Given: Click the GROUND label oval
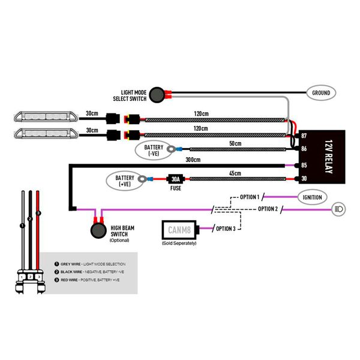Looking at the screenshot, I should [x=321, y=93].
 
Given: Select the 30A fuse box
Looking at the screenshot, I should [x=175, y=178].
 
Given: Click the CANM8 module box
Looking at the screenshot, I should [x=182, y=229].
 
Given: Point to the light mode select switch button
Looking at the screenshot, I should [x=157, y=94].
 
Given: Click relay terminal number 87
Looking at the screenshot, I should [x=304, y=137].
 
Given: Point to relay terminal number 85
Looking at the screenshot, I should [x=304, y=165].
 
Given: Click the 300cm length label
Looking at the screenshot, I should [x=193, y=160].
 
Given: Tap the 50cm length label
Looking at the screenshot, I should [x=235, y=144].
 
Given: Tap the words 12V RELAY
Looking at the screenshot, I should [x=328, y=157].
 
